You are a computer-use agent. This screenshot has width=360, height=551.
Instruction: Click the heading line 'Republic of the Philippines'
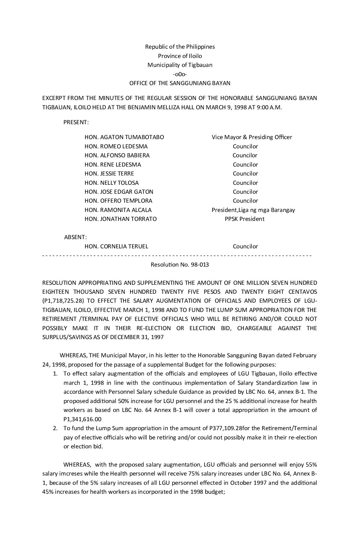pyautogui.click(x=180, y=47)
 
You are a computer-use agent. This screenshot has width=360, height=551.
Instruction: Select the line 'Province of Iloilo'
pyautogui.click(x=180, y=56)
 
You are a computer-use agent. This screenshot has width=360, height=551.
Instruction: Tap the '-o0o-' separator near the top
pyautogui.click(x=180, y=74)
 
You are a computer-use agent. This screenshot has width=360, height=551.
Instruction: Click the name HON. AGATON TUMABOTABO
pyautogui.click(x=124, y=137)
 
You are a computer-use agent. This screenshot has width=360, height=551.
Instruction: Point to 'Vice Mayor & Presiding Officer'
pyautogui.click(x=252, y=137)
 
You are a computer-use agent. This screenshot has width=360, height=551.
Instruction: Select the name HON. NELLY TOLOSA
pyautogui.click(x=112, y=183)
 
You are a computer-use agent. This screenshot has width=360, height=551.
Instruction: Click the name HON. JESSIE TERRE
pyautogui.click(x=109, y=174)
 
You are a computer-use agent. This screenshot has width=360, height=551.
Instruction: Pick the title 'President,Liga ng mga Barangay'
pyautogui.click(x=253, y=210)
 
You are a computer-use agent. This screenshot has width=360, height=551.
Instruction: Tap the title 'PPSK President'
pyautogui.click(x=245, y=219)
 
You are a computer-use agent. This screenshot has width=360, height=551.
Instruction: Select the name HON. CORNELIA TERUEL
pyautogui.click(x=116, y=246)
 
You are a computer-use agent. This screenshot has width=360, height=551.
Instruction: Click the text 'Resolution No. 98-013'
pyautogui.click(x=180, y=265)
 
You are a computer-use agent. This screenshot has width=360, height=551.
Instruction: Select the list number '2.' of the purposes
pyautogui.click(x=56, y=428)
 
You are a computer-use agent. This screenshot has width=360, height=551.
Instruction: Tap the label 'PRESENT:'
pyautogui.click(x=76, y=122)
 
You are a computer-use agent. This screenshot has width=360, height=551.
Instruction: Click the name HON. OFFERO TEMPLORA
pyautogui.click(x=118, y=201)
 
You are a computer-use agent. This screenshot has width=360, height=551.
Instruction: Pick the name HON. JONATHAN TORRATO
pyautogui.click(x=120, y=219)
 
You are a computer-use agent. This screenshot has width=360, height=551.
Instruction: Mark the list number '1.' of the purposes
pyautogui.click(x=56, y=374)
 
